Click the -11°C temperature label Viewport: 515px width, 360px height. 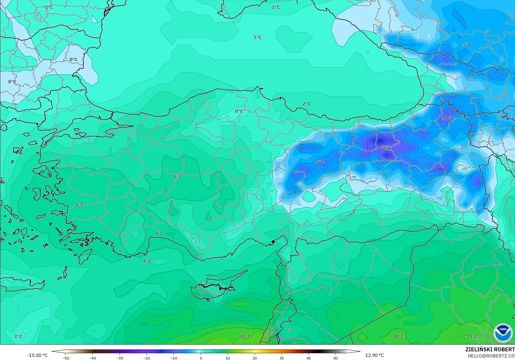(x=448, y=118)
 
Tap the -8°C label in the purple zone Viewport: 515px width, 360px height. (x=387, y=147)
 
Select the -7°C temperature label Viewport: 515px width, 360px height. (x=319, y=162)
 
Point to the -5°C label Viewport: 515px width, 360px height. (x=466, y=44)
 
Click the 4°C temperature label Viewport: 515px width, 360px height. (x=147, y=261)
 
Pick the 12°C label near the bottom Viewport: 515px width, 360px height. (x=245, y=336)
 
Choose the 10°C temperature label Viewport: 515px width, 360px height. (x=399, y=336)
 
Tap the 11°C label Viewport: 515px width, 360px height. (x=472, y=336)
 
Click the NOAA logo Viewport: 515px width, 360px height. (x=503, y=333)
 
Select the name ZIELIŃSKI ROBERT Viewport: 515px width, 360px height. (x=490, y=349)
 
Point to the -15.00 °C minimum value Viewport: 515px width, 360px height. (x=37, y=355)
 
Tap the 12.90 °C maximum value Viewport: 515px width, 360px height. (x=374, y=355)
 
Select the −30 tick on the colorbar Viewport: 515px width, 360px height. (x=120, y=358)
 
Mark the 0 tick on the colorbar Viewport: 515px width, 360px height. (x=201, y=358)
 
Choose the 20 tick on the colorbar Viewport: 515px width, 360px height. (x=254, y=358)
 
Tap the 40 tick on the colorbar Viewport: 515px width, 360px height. (x=308, y=358)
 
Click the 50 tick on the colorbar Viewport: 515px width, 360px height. (x=335, y=358)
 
